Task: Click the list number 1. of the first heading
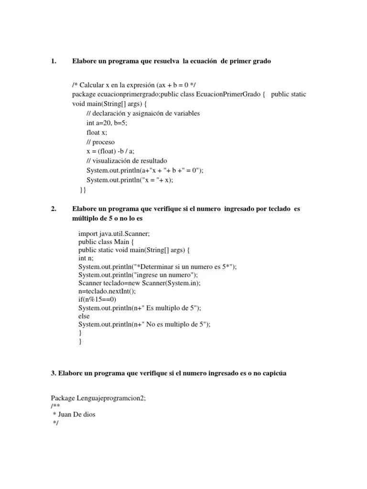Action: coord(54,62)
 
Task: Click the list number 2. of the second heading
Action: coord(54,209)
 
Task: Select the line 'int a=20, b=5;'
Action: coord(107,123)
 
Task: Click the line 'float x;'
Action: coord(97,132)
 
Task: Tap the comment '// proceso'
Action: coord(100,142)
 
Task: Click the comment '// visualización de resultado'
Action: coord(127,161)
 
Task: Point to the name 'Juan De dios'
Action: coord(76,415)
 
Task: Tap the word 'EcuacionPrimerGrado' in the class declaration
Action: coord(231,94)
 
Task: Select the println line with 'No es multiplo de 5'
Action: coord(144,324)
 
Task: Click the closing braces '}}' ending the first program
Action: coord(83,190)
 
